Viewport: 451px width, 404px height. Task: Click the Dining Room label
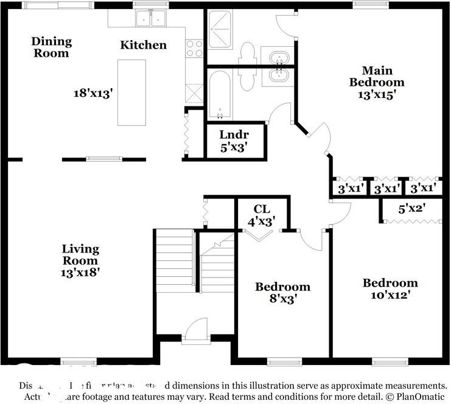click(x=52, y=47)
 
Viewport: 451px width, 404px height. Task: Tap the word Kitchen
click(x=143, y=45)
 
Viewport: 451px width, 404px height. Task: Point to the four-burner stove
click(x=194, y=48)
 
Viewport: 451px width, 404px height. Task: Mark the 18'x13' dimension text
click(x=94, y=94)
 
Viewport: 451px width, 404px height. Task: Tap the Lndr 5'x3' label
click(x=234, y=140)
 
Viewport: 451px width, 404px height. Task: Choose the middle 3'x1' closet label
click(x=388, y=189)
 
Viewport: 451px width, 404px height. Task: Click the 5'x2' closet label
click(x=411, y=209)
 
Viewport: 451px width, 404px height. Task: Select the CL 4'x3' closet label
click(x=263, y=215)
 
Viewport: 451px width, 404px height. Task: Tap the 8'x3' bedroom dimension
click(x=282, y=299)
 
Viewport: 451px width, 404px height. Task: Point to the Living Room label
click(x=80, y=255)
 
